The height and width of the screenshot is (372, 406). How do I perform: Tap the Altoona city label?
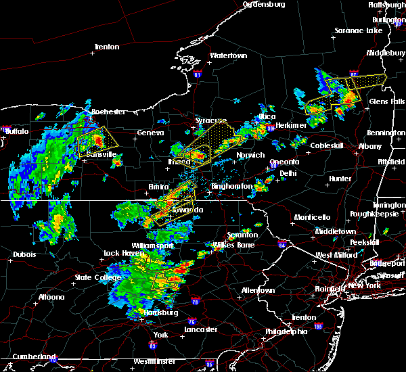point(51,297)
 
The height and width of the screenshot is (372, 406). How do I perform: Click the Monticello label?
point(312,217)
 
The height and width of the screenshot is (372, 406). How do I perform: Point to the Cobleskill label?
point(328,145)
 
